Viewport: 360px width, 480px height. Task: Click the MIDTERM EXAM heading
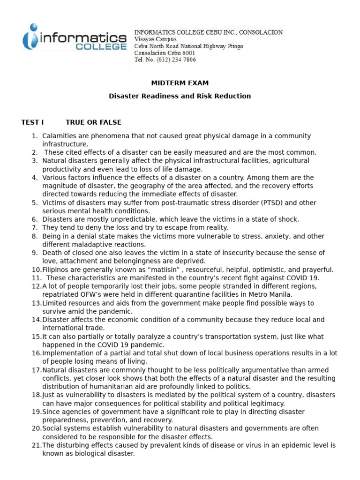pos(180,83)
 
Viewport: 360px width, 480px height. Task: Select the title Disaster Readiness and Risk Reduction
pos(180,96)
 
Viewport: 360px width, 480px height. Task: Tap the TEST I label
pos(32,122)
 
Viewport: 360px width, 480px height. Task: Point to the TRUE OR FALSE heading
pos(93,122)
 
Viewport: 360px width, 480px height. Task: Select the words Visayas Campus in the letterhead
pos(155,39)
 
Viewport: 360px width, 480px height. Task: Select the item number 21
pos(37,445)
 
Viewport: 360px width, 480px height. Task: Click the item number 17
pos(37,370)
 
